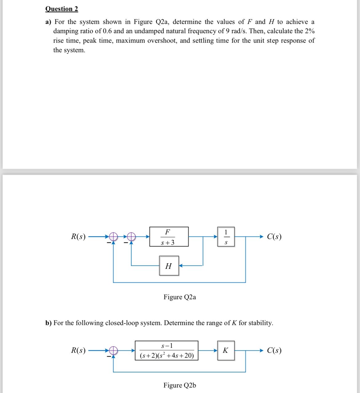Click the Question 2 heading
coord(62,9)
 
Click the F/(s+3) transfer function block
coord(169,237)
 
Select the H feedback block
coord(169,266)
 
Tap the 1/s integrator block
coord(226,237)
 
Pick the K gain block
coord(226,351)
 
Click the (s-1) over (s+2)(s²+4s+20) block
coord(167,351)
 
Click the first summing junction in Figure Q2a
coord(113,236)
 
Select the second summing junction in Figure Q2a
coord(131,236)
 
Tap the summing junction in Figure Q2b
coord(113,351)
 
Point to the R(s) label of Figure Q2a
coord(78,236)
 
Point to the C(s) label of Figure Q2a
coord(274,236)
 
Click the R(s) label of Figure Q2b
coord(78,350)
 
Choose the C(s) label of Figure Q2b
coord(274,350)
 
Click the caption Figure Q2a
coord(180,297)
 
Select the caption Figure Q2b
coord(180,385)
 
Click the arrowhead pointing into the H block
coord(181,265)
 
